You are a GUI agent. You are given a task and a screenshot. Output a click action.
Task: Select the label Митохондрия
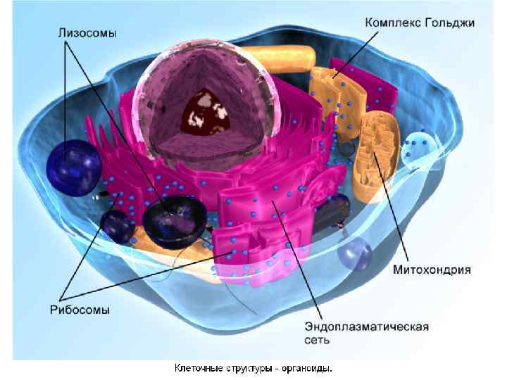[432, 269]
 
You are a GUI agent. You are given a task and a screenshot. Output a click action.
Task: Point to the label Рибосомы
[79, 309]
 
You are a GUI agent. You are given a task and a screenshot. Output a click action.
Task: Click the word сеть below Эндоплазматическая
[317, 340]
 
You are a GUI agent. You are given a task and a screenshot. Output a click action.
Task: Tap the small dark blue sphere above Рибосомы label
[115, 225]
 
